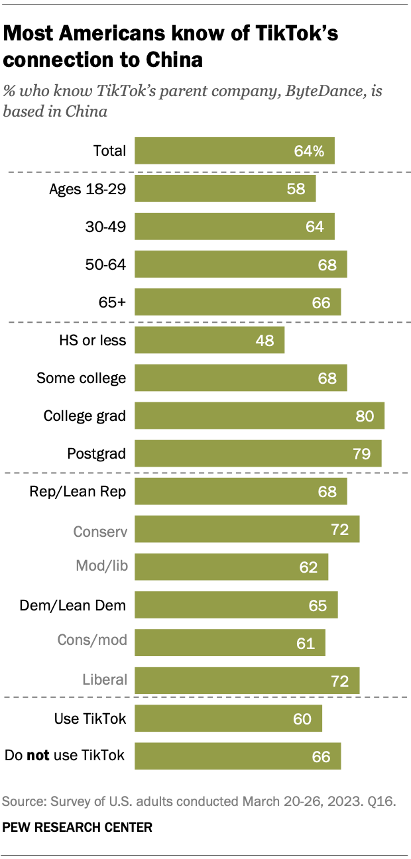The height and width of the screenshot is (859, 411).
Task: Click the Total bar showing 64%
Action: (x=235, y=150)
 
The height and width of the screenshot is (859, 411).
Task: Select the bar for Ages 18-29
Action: (x=225, y=188)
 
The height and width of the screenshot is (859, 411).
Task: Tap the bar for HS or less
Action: (x=209, y=341)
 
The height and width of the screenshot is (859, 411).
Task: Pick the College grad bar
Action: (x=259, y=416)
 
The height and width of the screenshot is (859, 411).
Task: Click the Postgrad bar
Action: (x=258, y=454)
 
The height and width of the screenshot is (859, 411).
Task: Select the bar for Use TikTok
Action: (x=228, y=718)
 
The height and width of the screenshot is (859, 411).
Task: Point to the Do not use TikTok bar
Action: (x=237, y=756)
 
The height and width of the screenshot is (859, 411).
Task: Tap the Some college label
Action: (x=81, y=378)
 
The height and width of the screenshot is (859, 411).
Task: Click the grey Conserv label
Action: (x=100, y=530)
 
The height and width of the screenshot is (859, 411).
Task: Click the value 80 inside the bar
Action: (x=365, y=416)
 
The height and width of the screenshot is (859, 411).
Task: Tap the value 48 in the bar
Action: (x=264, y=341)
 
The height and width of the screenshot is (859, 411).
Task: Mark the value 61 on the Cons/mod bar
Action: (x=306, y=643)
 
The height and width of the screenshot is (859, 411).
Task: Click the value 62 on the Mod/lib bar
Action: (x=308, y=567)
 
